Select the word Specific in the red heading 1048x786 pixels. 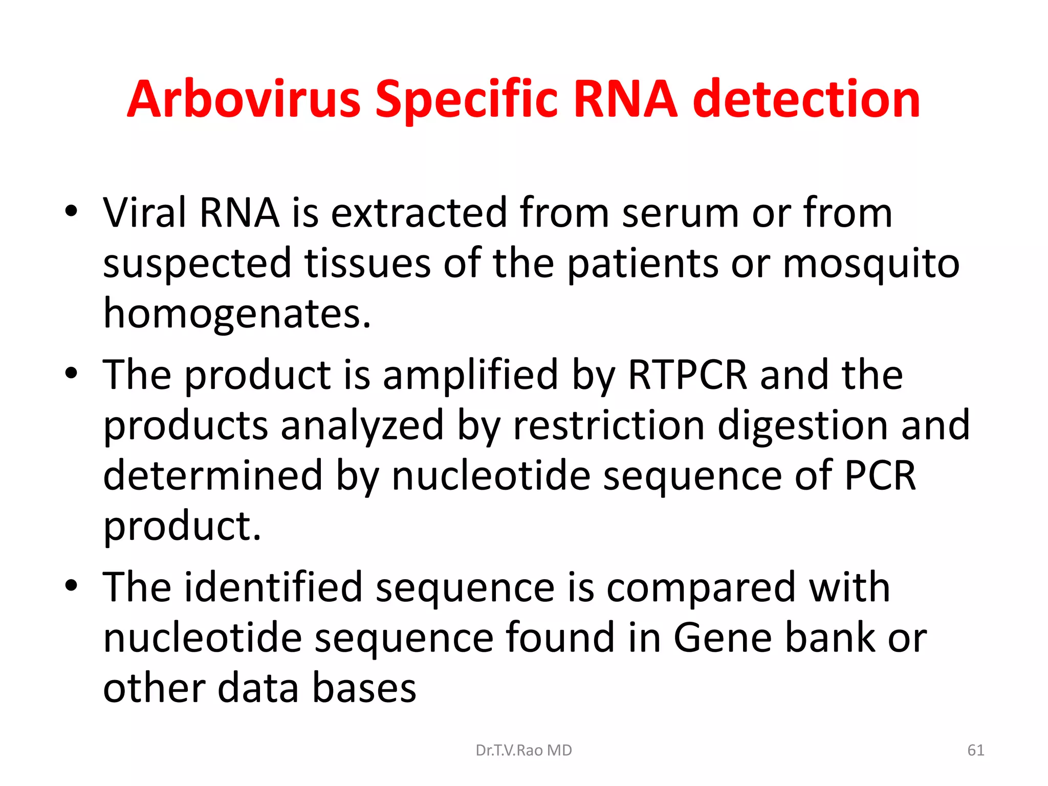point(466,100)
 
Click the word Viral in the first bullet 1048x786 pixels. point(144,213)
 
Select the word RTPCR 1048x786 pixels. point(687,375)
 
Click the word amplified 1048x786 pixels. point(470,375)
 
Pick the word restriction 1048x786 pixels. point(608,425)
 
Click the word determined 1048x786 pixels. point(213,475)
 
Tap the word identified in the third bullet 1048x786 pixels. point(273,587)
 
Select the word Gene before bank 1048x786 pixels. point(723,638)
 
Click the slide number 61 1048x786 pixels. point(975,750)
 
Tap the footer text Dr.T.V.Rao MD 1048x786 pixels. point(523,750)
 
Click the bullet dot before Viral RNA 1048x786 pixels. point(71,211)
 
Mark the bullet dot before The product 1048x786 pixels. point(71,374)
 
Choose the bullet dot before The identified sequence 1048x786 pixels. point(71,586)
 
